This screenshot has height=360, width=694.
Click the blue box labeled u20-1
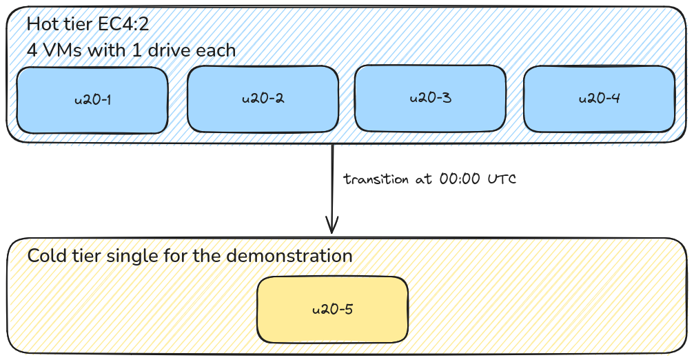click(92, 100)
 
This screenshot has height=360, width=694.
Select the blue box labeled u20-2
click(263, 99)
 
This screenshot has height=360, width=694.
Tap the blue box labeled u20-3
click(430, 97)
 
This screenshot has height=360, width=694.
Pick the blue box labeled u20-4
click(599, 99)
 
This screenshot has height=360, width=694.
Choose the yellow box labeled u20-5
click(332, 309)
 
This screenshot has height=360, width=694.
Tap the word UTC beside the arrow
click(502, 179)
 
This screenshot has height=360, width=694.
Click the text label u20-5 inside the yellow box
click(332, 309)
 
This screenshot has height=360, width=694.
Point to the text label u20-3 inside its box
click(430, 97)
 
